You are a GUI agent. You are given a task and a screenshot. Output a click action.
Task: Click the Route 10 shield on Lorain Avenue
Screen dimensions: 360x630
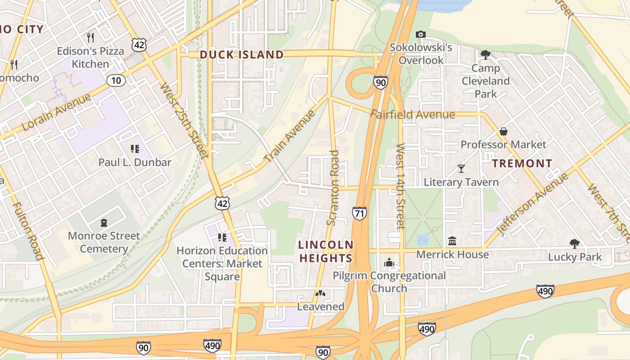point(116,81)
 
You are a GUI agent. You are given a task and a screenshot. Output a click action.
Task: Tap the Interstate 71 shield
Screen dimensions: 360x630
point(359,213)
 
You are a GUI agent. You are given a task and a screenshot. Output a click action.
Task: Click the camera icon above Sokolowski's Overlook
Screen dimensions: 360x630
point(421,34)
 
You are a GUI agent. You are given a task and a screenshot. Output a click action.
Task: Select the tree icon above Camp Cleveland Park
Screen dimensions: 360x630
point(485,55)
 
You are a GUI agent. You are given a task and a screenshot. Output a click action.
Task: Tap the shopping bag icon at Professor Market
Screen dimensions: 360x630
point(504,131)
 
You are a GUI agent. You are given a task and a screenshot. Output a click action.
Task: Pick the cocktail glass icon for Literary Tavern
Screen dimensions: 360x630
point(461,169)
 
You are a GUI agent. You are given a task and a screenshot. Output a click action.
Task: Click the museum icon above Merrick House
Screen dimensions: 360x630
point(452,241)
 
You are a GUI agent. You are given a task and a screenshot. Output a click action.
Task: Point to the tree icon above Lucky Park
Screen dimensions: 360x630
point(574,244)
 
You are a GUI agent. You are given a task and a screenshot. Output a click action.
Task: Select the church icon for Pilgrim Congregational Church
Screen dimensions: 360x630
point(389,262)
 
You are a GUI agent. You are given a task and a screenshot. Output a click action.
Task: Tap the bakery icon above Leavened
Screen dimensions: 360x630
point(320,293)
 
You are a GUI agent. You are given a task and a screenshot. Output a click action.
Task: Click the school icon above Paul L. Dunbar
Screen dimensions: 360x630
point(134,149)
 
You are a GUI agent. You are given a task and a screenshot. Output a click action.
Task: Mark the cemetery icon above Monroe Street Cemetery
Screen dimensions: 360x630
point(104,222)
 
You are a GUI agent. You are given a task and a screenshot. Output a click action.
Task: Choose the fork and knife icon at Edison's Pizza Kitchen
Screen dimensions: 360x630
point(90,37)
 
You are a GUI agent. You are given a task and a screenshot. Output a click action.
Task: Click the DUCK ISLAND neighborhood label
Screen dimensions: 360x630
point(242,55)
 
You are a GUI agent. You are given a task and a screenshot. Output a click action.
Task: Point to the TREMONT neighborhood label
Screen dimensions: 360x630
point(522,163)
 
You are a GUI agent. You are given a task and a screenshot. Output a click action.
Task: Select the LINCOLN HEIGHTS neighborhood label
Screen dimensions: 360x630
point(326,252)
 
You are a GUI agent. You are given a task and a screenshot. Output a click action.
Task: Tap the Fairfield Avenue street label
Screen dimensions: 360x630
point(413,115)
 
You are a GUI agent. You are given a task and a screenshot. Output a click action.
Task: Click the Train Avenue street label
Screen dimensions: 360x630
point(289,136)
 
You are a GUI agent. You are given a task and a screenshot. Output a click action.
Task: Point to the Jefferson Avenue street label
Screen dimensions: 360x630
point(532,203)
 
